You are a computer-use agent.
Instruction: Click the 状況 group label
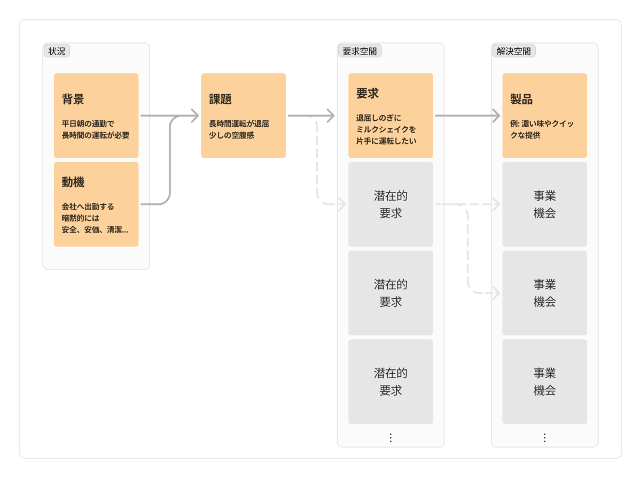click(x=57, y=51)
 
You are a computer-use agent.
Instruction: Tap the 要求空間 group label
click(x=359, y=51)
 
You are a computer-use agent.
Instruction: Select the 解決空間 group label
click(x=513, y=51)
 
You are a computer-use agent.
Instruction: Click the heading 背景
click(x=73, y=99)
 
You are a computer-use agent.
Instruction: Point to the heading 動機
click(x=73, y=182)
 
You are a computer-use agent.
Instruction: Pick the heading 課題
click(x=220, y=99)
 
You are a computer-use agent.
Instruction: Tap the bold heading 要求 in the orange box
click(x=368, y=93)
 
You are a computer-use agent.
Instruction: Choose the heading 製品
click(x=521, y=99)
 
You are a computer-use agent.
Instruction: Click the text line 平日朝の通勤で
click(x=88, y=124)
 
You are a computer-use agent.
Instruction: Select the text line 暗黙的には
click(x=80, y=218)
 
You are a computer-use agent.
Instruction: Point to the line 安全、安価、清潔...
click(x=95, y=230)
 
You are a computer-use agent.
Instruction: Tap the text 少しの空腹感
click(x=231, y=135)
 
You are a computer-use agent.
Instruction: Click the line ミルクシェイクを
click(x=386, y=129)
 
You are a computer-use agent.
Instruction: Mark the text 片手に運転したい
click(x=386, y=141)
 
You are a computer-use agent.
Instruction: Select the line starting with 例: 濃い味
click(x=542, y=124)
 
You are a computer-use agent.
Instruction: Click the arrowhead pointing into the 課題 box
click(x=195, y=115)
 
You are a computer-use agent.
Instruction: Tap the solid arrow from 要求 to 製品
click(x=467, y=115)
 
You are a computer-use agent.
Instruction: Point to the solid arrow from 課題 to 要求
click(x=311, y=115)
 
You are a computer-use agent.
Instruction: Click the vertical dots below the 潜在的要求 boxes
click(x=390, y=438)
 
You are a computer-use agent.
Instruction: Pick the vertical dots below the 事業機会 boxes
click(x=544, y=438)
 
